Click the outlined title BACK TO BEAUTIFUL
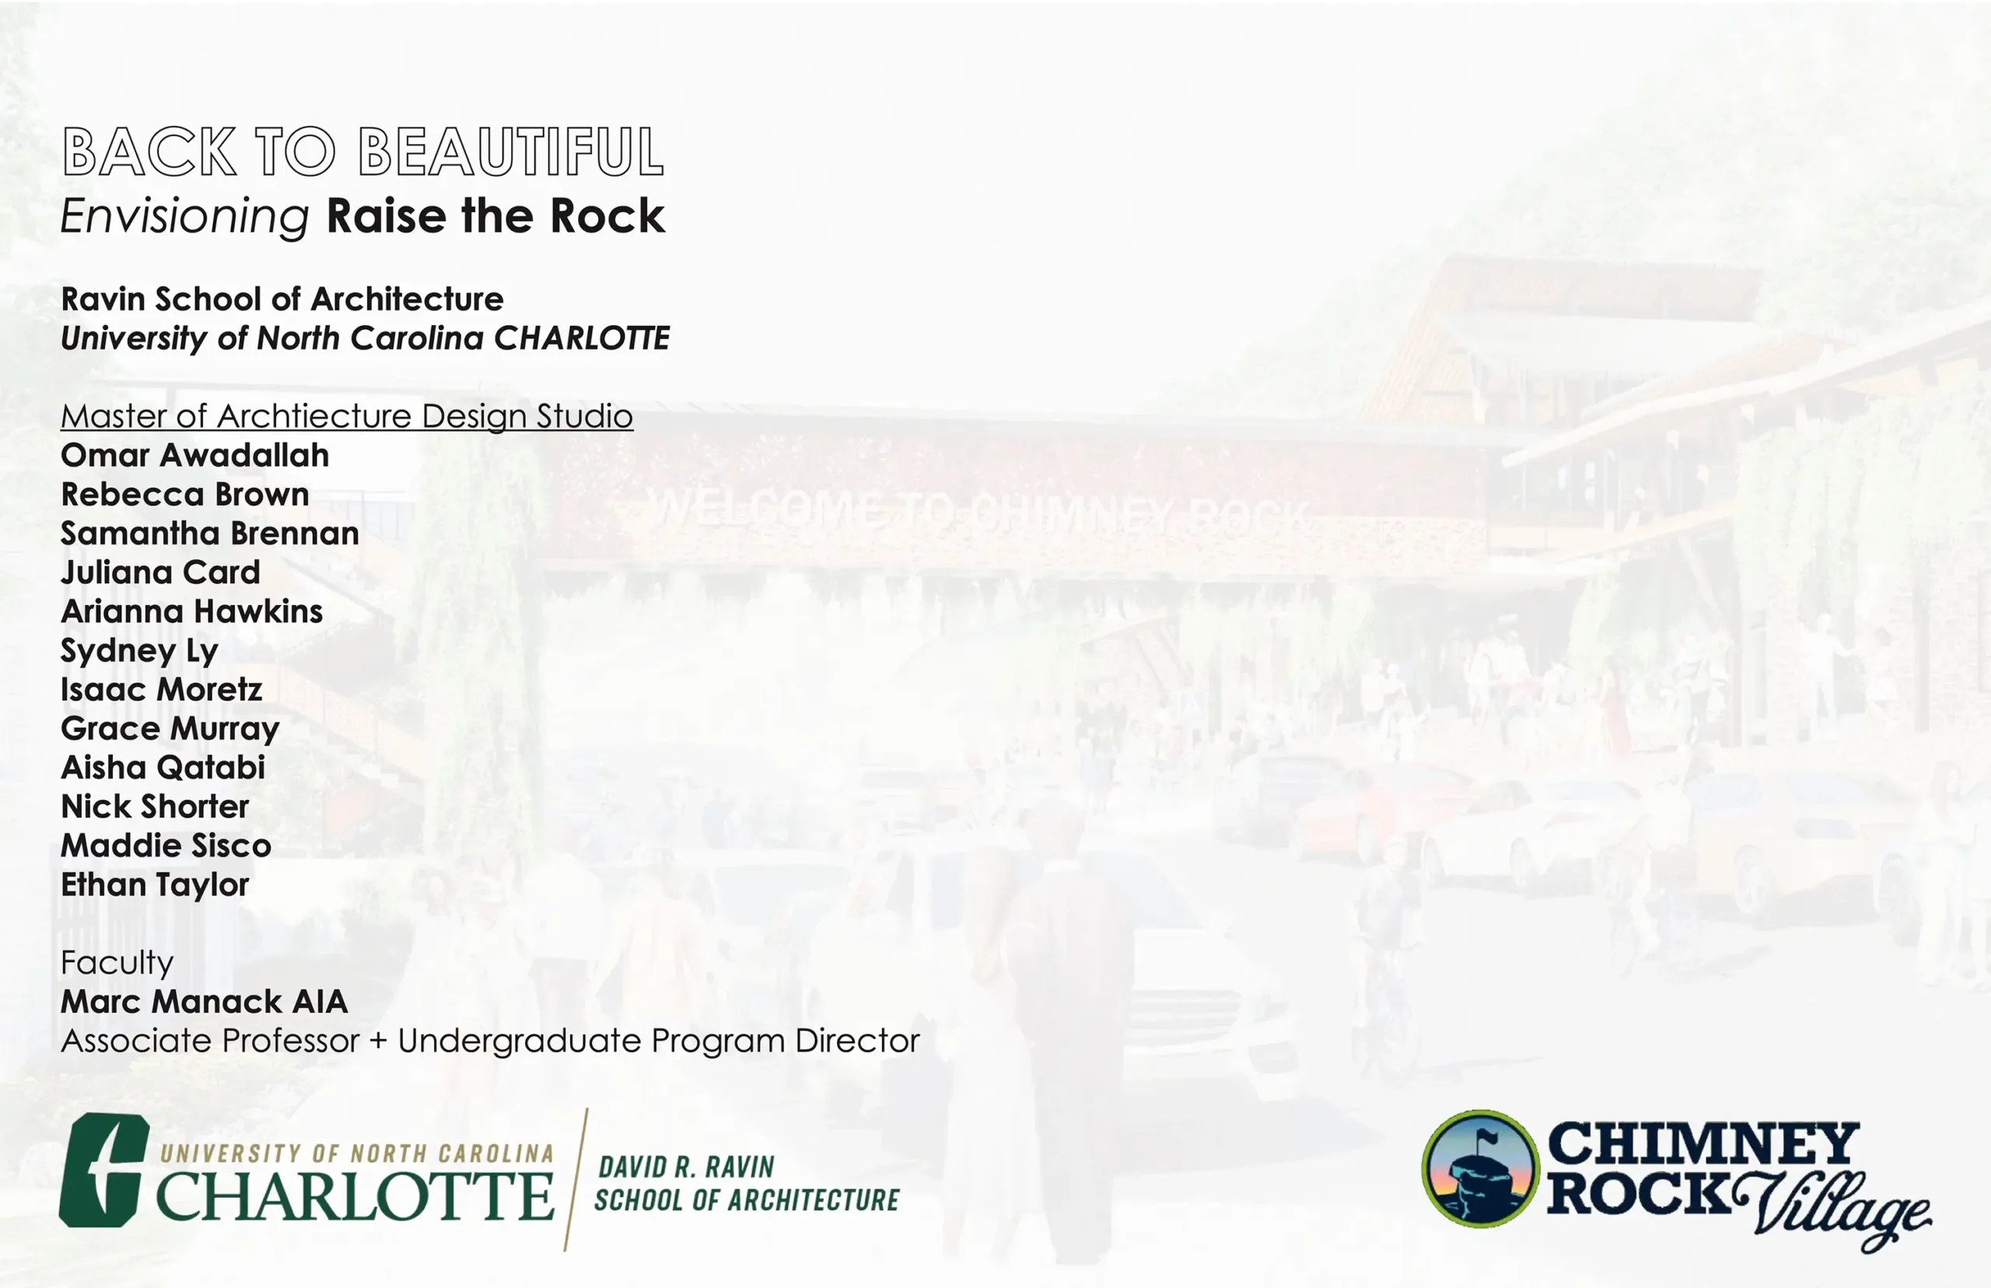pyautogui.click(x=363, y=152)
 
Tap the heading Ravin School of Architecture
pyautogui.click(x=282, y=299)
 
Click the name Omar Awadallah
pyautogui.click(x=195, y=455)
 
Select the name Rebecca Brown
pyautogui.click(x=185, y=495)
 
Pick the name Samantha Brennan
pyautogui.click(x=210, y=534)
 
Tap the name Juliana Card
pyautogui.click(x=160, y=572)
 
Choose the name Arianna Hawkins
pyautogui.click(x=191, y=611)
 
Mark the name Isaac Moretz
pyautogui.click(x=162, y=689)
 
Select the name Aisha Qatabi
pyautogui.click(x=163, y=768)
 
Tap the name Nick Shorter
pyautogui.click(x=155, y=807)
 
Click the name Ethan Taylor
pyautogui.click(x=155, y=885)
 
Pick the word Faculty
pyautogui.click(x=117, y=964)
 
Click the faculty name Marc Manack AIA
pyautogui.click(x=204, y=1002)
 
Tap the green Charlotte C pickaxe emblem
pyautogui.click(x=103, y=1170)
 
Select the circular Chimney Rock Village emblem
pyautogui.click(x=1480, y=1169)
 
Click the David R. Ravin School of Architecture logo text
pyautogui.click(x=747, y=1184)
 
